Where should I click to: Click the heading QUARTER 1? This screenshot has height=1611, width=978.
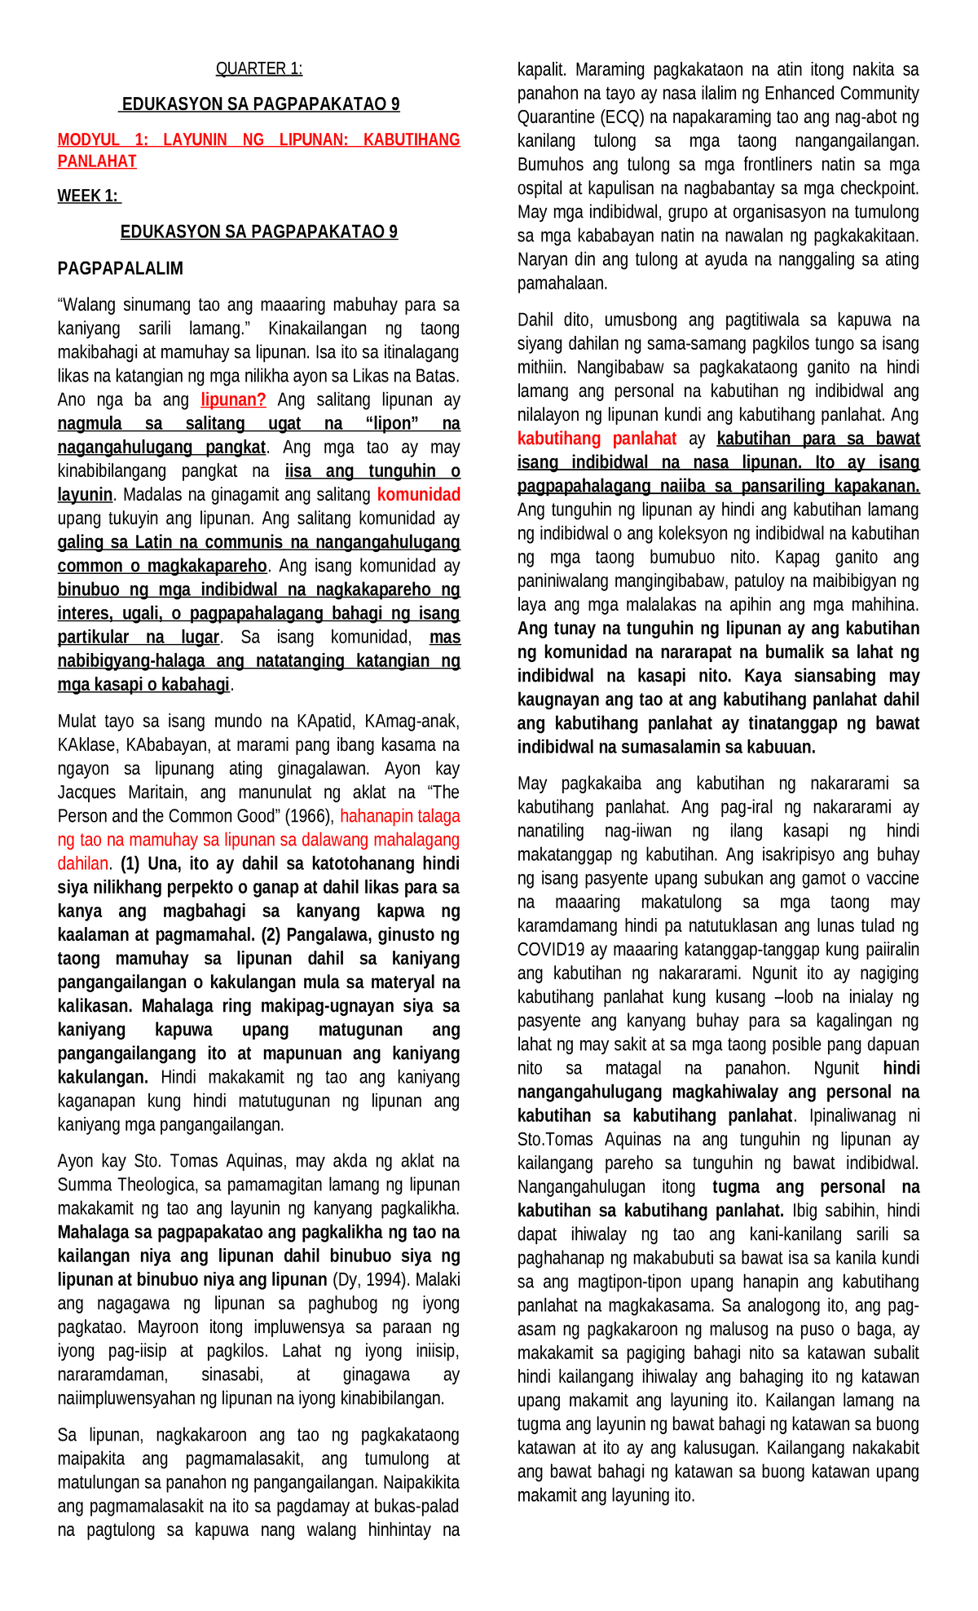pos(258,69)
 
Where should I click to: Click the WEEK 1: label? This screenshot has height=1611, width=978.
pos(88,196)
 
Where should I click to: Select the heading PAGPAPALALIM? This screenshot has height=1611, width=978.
pos(120,268)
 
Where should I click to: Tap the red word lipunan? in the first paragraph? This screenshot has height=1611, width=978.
pos(233,400)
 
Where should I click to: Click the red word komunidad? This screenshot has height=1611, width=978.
pos(419,495)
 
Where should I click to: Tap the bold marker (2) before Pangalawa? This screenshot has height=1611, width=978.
pos(271,935)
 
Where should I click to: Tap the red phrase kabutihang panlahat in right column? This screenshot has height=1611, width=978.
pos(597,439)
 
